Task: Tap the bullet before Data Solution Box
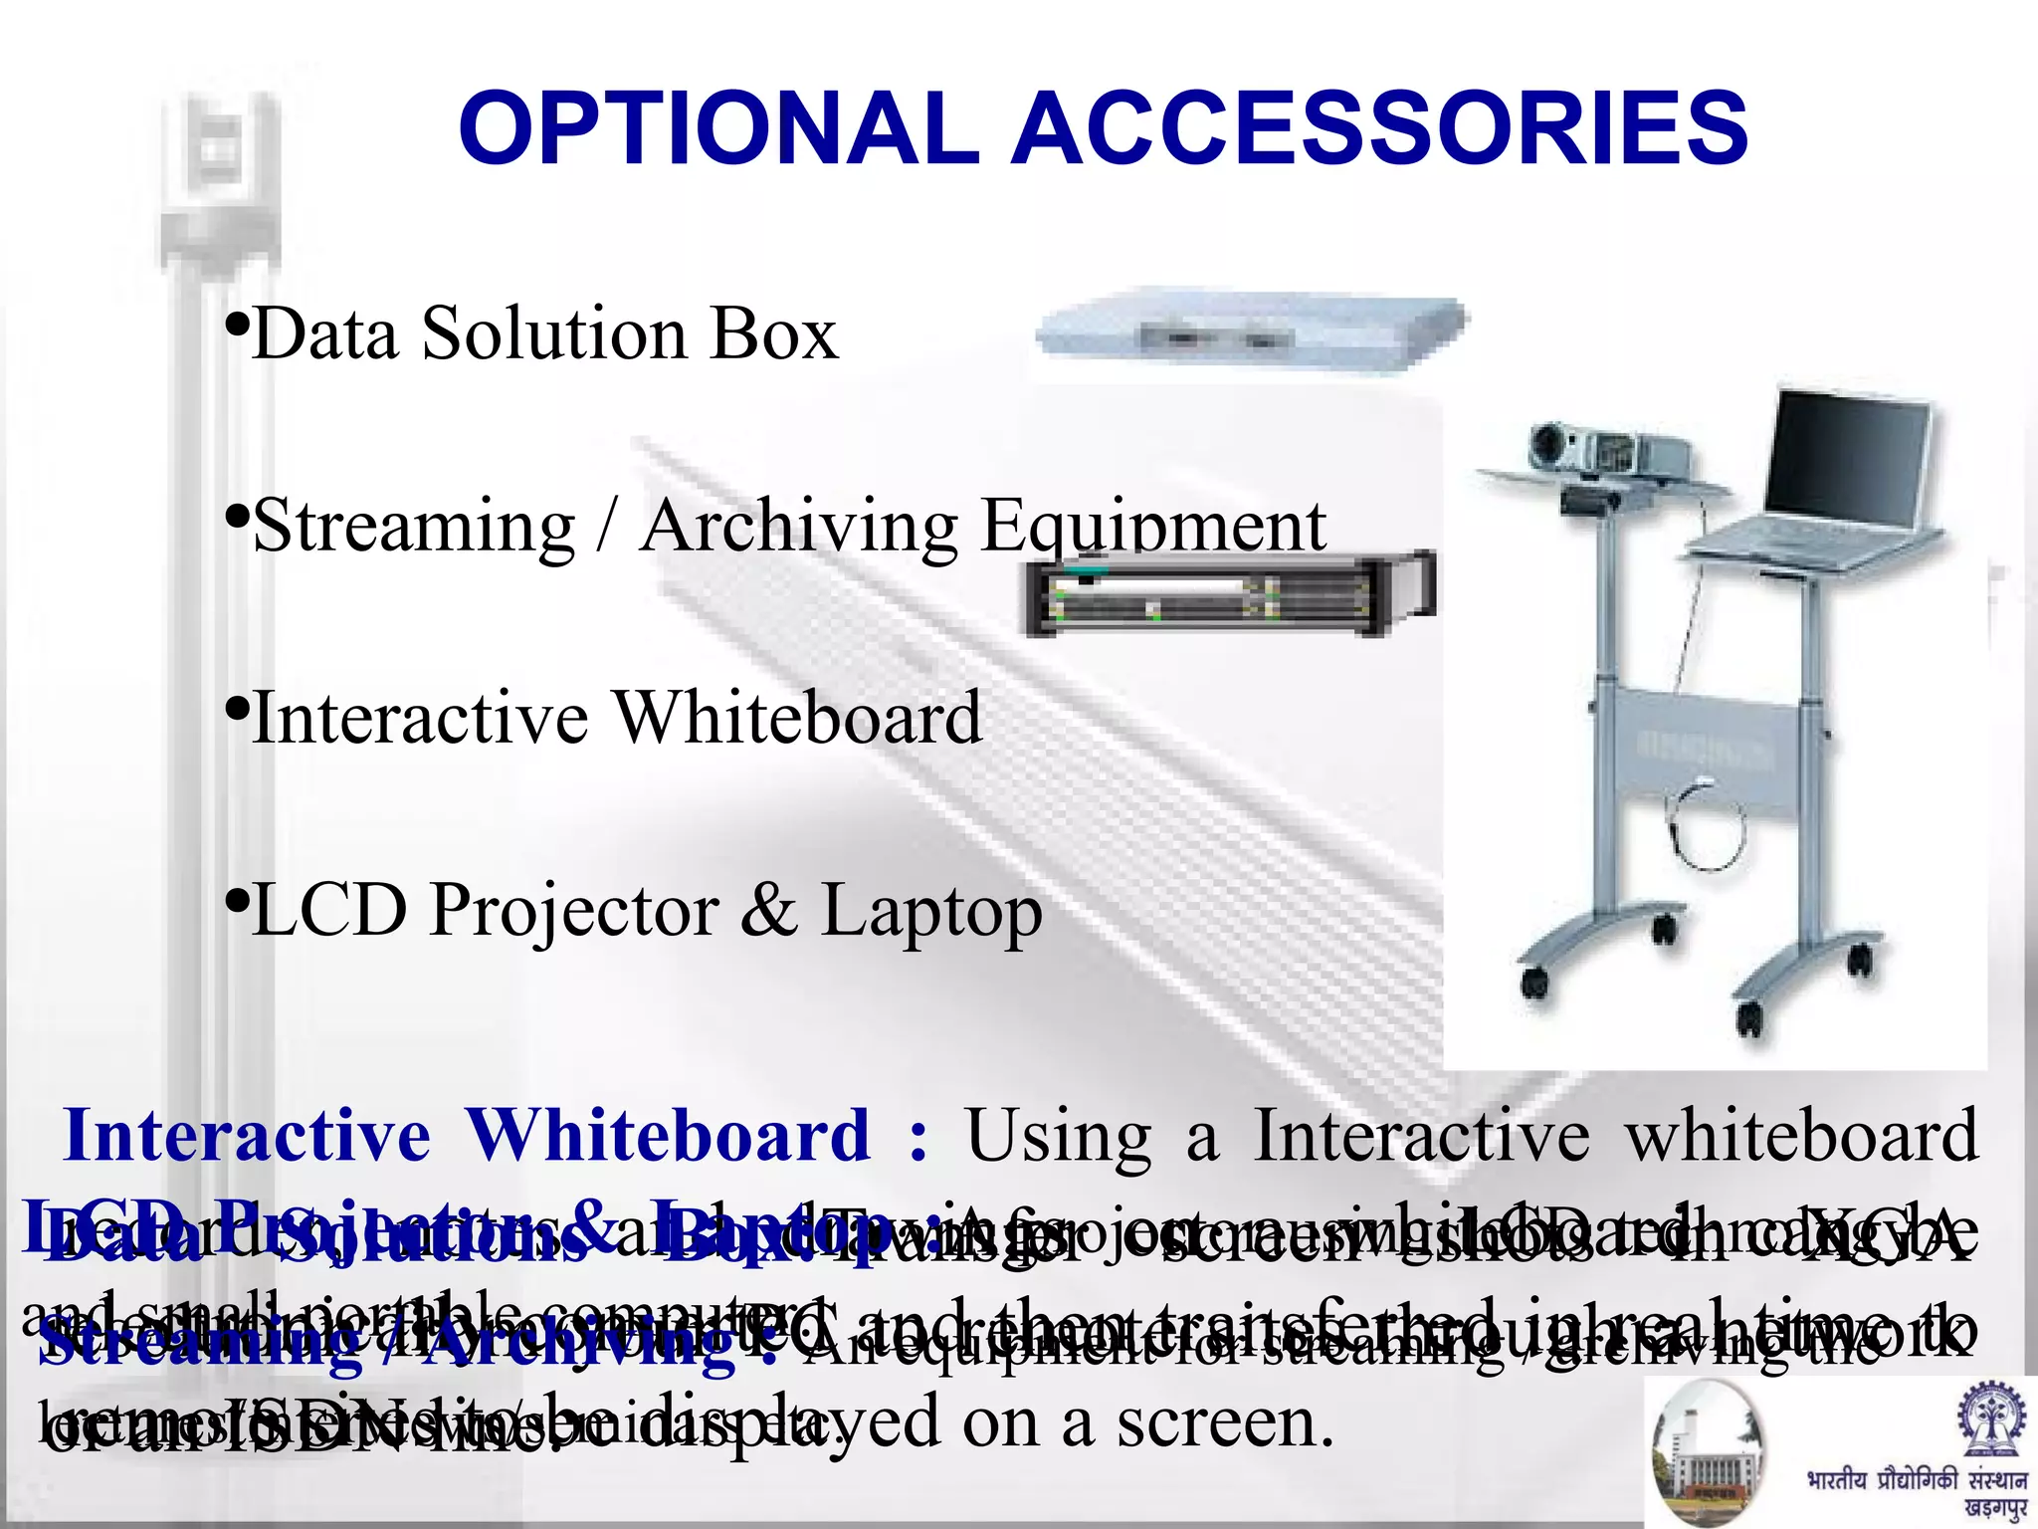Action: pos(236,324)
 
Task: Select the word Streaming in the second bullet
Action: pos(414,527)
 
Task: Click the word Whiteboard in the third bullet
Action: pos(796,718)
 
